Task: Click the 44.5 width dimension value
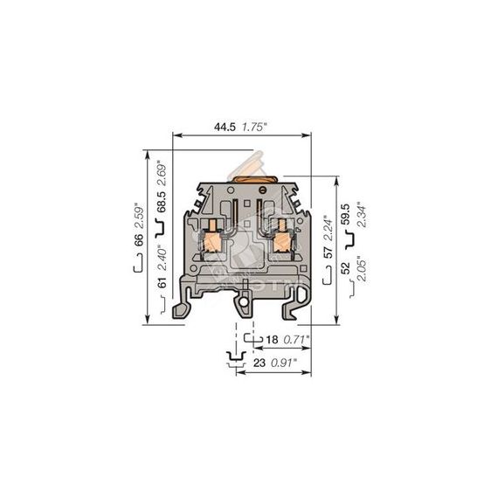pos(225,127)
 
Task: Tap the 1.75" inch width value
pos(253,127)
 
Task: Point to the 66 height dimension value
pos(139,239)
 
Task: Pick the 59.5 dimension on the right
pos(345,214)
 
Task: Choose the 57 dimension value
pos(328,252)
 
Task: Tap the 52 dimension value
pos(345,267)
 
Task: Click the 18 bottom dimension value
pos(272,340)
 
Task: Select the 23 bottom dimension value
pos(259,363)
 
